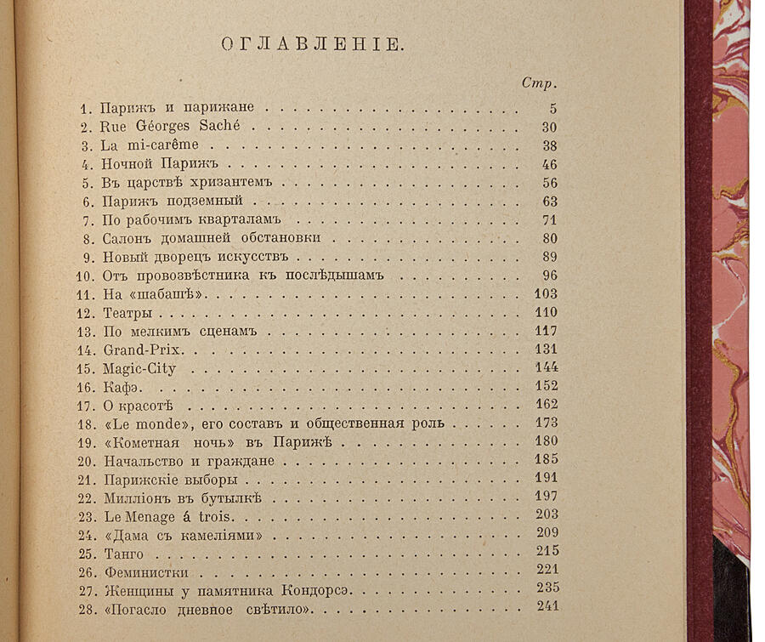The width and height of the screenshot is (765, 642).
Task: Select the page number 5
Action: coord(552,108)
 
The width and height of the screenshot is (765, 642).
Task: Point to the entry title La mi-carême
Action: coord(138,145)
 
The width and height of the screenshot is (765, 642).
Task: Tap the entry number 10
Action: coord(85,276)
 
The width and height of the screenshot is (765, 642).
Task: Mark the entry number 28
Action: coord(86,610)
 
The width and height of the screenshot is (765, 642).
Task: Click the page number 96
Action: coord(548,276)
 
